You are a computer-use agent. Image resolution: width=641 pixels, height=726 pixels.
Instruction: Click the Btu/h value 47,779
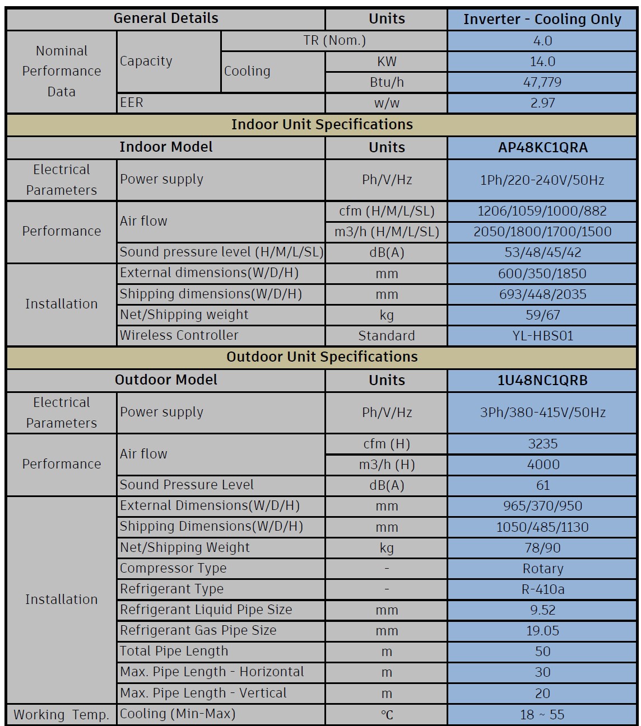coord(542,82)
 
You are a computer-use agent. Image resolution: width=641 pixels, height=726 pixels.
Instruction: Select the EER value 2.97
coord(542,103)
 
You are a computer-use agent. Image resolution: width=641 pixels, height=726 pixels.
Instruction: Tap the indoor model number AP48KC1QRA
coord(542,148)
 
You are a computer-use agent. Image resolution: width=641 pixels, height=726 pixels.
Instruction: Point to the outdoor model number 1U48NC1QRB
coord(542,381)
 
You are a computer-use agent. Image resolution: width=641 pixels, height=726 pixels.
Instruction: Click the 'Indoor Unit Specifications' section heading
coord(322,124)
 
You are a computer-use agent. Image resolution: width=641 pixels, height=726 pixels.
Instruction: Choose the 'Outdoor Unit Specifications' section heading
coord(322,357)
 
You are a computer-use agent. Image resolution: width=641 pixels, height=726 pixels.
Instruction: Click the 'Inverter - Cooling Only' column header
coord(542,19)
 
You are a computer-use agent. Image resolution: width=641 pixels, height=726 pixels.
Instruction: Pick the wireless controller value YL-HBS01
coord(542,336)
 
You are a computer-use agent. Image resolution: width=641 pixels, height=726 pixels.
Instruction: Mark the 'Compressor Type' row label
coord(173,568)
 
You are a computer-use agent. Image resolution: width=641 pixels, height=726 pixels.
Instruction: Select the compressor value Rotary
coord(542,569)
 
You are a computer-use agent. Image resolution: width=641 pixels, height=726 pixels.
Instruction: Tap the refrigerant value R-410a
coord(542,589)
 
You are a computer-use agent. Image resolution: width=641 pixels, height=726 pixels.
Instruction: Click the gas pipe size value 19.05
coord(542,631)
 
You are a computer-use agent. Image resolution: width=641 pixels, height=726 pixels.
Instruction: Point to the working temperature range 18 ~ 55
coord(542,715)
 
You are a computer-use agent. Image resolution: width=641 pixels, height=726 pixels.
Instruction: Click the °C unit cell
coord(387,715)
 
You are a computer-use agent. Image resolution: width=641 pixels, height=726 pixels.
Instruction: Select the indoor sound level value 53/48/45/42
coord(542,252)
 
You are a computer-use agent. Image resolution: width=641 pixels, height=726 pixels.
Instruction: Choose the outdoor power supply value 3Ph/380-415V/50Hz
coord(542,413)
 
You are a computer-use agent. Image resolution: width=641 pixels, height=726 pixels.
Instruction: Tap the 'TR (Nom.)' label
coord(334,40)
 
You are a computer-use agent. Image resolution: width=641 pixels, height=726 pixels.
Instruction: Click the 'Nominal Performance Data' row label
coord(62,71)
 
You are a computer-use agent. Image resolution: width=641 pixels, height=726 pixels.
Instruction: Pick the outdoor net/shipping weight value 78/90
coord(542,548)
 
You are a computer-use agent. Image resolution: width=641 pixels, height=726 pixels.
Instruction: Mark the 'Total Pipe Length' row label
coord(174,651)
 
